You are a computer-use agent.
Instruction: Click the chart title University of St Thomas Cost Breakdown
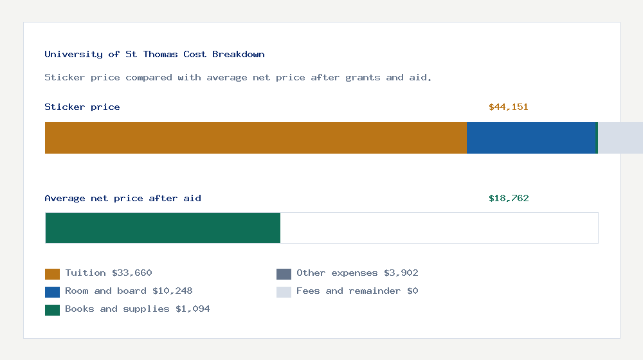click(x=154, y=55)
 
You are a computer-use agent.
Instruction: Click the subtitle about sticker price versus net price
click(x=238, y=78)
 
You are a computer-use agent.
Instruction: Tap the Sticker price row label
click(x=82, y=107)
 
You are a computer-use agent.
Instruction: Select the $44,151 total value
click(x=508, y=107)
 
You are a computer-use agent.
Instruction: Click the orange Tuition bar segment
click(x=255, y=138)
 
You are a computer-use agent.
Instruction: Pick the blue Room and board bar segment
click(x=532, y=138)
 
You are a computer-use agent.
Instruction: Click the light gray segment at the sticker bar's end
click(x=620, y=138)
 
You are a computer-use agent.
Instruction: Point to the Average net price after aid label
click(x=123, y=199)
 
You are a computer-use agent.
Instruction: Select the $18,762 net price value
click(x=509, y=199)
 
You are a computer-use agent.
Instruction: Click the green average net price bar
click(x=163, y=228)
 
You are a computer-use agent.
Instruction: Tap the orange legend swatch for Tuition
click(x=52, y=274)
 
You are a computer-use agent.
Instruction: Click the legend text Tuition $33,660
click(x=109, y=273)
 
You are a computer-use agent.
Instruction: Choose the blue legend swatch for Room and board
click(x=52, y=292)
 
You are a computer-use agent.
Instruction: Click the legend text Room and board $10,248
click(x=129, y=291)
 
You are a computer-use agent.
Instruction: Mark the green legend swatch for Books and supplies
click(x=52, y=310)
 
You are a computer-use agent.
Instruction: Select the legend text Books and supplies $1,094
click(x=138, y=309)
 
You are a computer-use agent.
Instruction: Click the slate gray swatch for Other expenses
click(x=284, y=274)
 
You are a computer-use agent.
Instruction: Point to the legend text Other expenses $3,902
click(x=358, y=273)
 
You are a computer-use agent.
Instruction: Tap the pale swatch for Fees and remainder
click(x=284, y=292)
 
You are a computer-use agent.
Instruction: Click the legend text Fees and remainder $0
click(x=358, y=291)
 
